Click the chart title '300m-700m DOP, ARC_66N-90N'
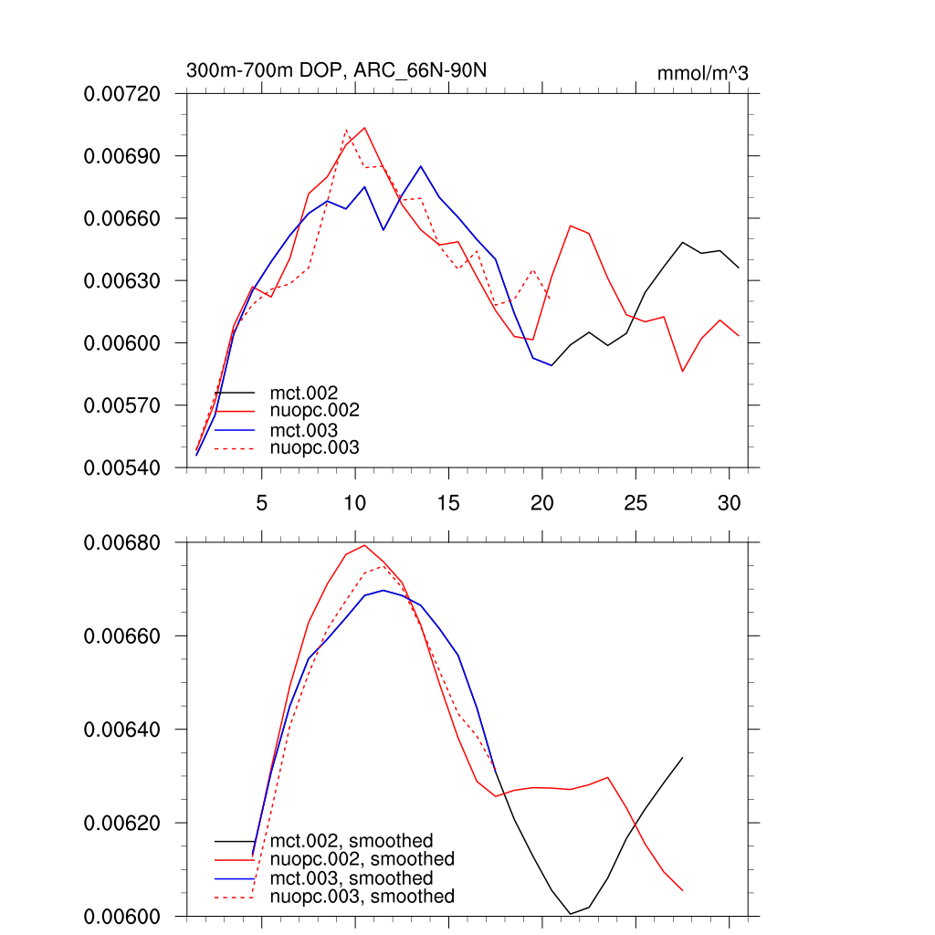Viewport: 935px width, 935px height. (x=341, y=70)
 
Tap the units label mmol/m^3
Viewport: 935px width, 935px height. (x=702, y=73)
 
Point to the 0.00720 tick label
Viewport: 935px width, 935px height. (x=121, y=94)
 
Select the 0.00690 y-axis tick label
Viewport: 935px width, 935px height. (x=121, y=156)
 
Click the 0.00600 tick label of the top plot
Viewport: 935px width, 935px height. (x=121, y=343)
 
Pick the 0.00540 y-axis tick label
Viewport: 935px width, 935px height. (x=121, y=467)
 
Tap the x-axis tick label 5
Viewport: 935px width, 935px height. (x=262, y=503)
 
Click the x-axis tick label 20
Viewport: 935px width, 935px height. (x=541, y=503)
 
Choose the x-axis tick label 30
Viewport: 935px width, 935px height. (x=729, y=503)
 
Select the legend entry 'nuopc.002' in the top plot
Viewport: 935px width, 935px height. (x=309, y=411)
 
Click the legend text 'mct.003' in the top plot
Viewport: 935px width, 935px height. (x=298, y=430)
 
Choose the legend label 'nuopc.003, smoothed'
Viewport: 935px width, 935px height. (x=362, y=897)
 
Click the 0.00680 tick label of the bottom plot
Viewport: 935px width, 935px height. (x=121, y=543)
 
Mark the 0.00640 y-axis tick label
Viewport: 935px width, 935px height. (x=121, y=730)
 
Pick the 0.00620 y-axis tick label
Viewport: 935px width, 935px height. (x=121, y=824)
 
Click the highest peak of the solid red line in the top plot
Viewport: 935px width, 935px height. (x=364, y=128)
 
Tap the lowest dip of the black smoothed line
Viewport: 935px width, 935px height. (x=571, y=913)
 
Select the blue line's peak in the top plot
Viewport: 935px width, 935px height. (x=420, y=166)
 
